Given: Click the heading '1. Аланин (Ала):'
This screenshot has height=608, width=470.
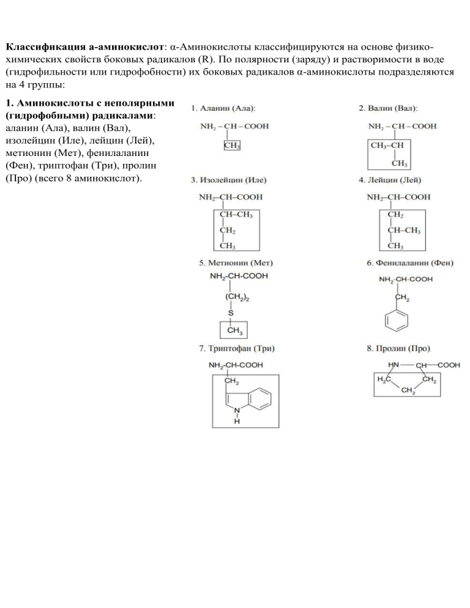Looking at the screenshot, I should pyautogui.click(x=223, y=109).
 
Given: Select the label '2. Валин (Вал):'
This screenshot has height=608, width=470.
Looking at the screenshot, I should pyautogui.click(x=388, y=109).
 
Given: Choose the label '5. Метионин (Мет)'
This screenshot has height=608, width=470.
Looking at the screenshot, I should pyautogui.click(x=236, y=263).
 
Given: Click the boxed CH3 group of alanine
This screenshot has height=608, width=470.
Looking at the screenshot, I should pyautogui.click(x=232, y=146).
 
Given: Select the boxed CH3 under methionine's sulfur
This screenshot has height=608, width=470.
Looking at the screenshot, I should pyautogui.click(x=234, y=331).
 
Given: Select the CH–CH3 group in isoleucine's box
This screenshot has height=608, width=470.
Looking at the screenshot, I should pyautogui.click(x=236, y=215).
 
